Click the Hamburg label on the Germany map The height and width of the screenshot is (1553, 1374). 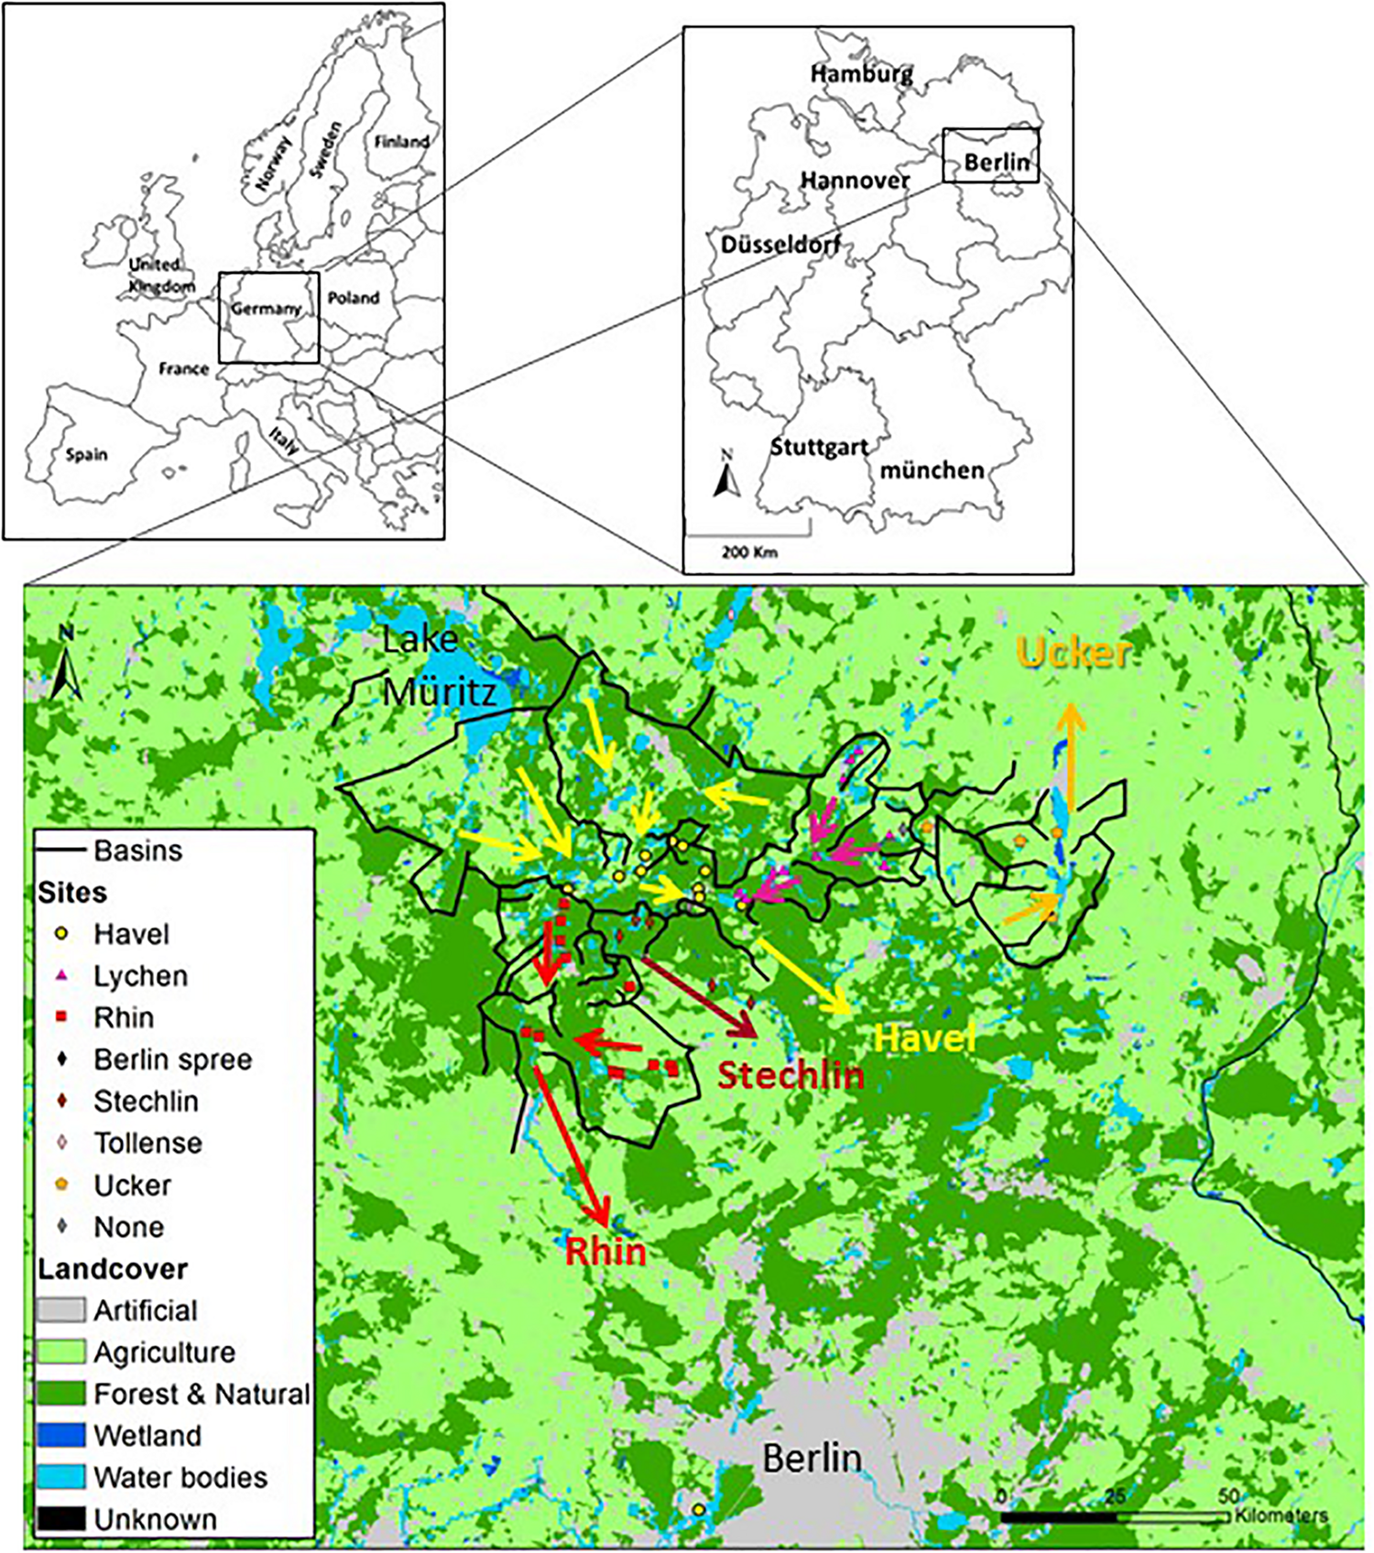861,73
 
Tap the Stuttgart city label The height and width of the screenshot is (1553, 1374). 818,448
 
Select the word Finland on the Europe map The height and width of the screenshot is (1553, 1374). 401,142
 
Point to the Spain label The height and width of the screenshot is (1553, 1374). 86,455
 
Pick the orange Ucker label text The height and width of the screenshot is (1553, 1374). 1074,652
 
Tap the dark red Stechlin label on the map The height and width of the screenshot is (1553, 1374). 790,1075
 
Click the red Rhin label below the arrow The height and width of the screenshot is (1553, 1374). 605,1252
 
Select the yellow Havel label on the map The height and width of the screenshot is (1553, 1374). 924,1038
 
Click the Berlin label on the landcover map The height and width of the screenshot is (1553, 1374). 812,1459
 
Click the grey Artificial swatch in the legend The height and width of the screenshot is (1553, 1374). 61,1310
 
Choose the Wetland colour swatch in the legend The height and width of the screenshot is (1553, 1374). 61,1436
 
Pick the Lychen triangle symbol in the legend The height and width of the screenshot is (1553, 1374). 62,976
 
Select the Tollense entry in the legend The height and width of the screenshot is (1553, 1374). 147,1143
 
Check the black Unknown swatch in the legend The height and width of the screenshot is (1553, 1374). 61,1519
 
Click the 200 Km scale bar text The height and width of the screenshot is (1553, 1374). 748,552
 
